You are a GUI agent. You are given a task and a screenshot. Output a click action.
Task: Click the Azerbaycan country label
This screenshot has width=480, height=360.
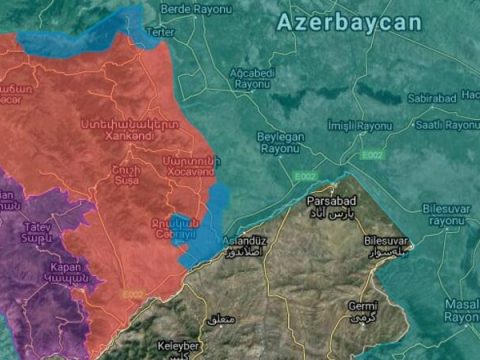[x=349, y=22]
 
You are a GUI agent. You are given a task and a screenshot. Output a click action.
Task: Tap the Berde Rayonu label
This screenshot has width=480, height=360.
[x=189, y=9]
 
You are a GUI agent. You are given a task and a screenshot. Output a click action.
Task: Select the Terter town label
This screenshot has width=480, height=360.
[x=159, y=31]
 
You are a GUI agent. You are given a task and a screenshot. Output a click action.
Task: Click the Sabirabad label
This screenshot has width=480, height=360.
[x=432, y=98]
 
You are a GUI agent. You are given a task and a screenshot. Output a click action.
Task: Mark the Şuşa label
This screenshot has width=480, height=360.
[x=127, y=174]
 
